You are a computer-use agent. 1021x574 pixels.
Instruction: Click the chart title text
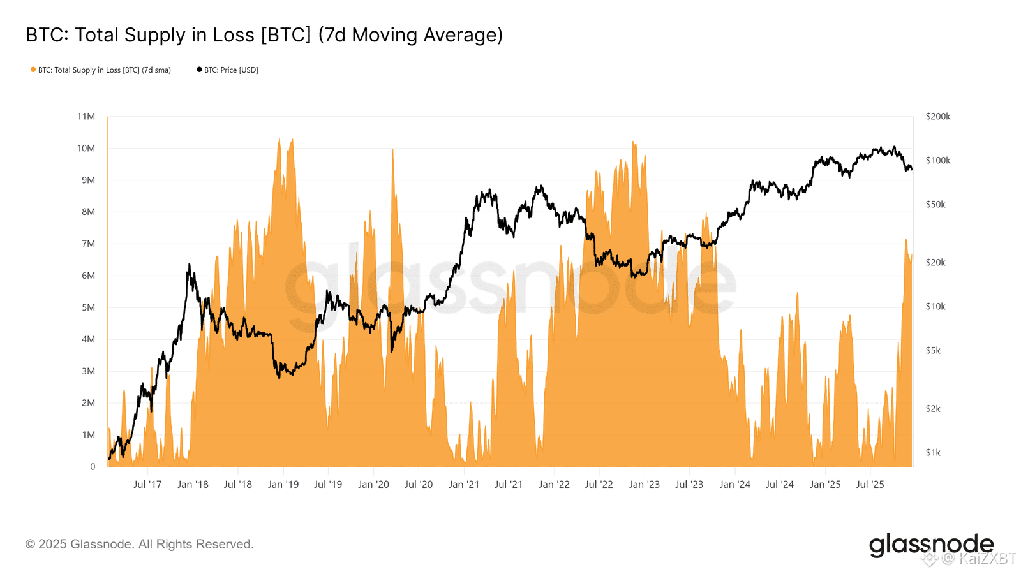tap(264, 34)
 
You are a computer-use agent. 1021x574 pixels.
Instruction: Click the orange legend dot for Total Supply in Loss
tap(33, 70)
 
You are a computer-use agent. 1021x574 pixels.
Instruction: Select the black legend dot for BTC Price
tap(199, 70)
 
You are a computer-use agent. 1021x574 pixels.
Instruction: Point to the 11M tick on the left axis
tap(86, 116)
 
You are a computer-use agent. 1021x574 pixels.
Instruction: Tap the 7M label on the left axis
tap(88, 244)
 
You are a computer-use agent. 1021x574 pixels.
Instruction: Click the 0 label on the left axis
tap(93, 466)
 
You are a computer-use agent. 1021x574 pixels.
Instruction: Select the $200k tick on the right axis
tap(937, 116)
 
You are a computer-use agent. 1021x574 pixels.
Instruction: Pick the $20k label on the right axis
tap(935, 262)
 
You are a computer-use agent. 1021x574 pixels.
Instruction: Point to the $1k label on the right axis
tap(933, 452)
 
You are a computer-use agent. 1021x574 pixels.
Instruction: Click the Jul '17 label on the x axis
tap(147, 484)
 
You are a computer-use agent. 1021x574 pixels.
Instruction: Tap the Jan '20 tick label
tap(373, 484)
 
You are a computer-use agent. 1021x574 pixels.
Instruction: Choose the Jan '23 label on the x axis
tap(644, 484)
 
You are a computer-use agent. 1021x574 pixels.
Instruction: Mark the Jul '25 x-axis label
tap(870, 484)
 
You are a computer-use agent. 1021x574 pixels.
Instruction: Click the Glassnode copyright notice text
tap(139, 544)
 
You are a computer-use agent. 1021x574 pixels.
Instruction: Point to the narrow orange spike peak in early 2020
tap(392, 149)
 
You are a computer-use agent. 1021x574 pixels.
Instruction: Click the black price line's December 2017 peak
tap(190, 264)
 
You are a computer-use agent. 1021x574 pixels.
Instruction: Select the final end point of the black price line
tap(912, 169)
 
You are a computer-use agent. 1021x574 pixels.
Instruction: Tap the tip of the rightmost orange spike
tap(905, 240)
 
